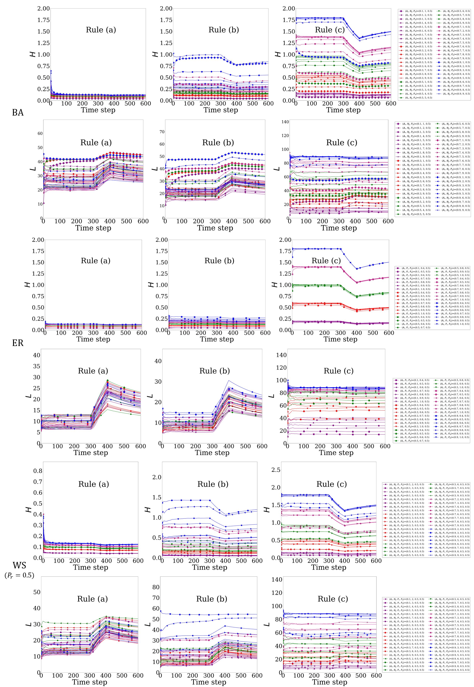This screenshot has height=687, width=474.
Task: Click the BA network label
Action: click(x=18, y=113)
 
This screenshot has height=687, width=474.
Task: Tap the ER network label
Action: click(x=18, y=343)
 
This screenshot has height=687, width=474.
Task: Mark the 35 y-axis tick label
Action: click(x=36, y=366)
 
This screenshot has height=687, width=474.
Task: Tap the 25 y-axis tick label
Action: click(x=36, y=388)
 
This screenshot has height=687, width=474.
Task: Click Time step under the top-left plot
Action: click(x=98, y=110)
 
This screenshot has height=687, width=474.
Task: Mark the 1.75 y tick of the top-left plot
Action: click(x=44, y=20)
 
